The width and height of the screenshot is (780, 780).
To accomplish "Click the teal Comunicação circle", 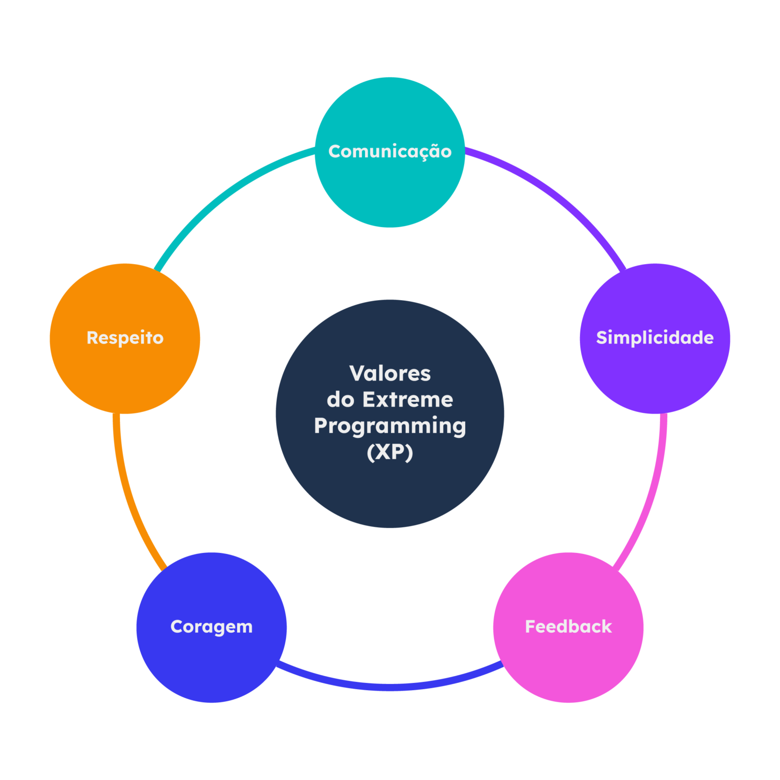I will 390,188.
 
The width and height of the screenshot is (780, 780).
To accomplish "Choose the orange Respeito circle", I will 125,376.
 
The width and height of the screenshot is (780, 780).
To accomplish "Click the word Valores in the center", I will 390,374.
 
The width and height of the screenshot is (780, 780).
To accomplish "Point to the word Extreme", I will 408,400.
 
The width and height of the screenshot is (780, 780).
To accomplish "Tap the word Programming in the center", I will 390,426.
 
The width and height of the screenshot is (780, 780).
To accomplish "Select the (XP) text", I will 390,452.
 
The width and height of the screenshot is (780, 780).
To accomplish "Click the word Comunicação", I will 390,151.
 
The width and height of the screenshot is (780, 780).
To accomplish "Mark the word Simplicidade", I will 655,338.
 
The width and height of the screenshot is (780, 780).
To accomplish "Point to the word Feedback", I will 568,627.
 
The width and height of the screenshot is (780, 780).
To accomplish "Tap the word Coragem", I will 211,627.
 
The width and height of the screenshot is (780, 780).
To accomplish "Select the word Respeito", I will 125,338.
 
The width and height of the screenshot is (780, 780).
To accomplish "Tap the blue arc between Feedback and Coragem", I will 390,687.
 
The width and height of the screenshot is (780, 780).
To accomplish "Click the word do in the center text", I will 340,400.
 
